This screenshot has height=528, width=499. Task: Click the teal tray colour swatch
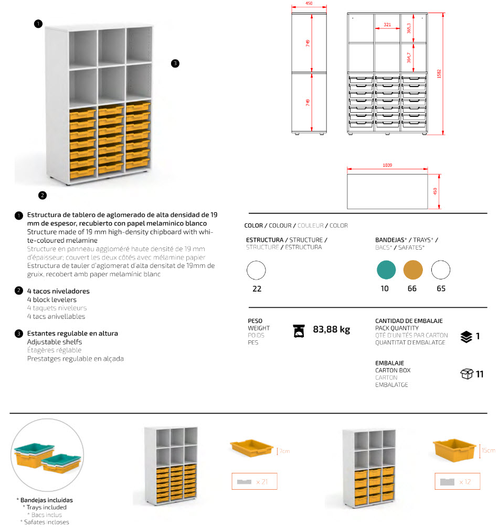[x=386, y=271]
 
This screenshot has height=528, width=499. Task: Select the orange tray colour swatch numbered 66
[x=413, y=271]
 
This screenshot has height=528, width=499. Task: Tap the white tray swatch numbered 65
[x=441, y=271]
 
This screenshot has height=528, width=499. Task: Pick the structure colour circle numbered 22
[x=256, y=271]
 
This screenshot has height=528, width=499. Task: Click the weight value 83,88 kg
[x=331, y=330]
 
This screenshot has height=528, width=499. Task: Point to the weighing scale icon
[x=299, y=330]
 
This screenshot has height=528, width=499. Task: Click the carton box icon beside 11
[x=466, y=374]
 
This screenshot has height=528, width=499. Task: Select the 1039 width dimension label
[x=387, y=165]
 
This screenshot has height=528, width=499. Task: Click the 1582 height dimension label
[x=439, y=73]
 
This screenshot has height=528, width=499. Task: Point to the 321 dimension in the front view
[x=387, y=25]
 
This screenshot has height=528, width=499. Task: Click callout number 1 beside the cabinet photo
[x=38, y=24]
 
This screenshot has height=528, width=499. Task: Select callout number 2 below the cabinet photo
[x=43, y=196]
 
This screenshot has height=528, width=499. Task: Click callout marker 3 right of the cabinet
[x=175, y=63]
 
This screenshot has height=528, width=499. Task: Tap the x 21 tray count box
[x=254, y=481]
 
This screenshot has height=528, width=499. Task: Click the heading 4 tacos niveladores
[x=58, y=291]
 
